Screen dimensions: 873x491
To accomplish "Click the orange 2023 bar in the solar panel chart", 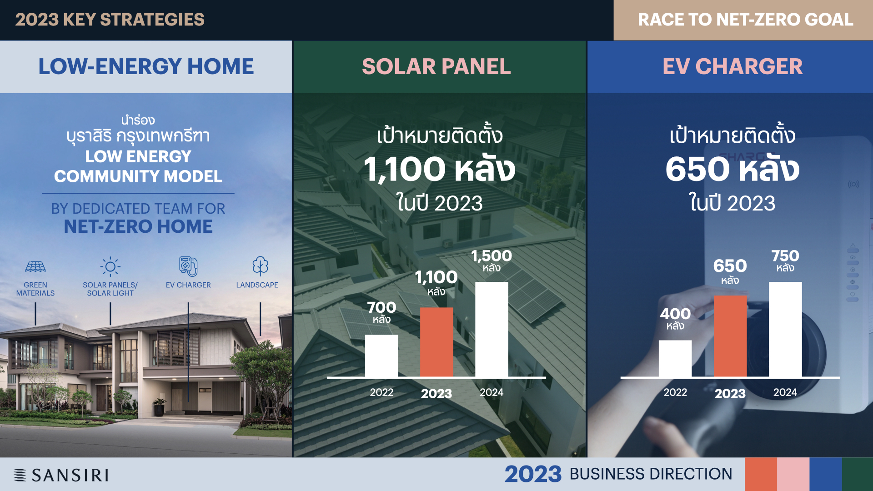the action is tap(436, 342).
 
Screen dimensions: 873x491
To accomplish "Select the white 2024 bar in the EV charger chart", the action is tap(785, 330).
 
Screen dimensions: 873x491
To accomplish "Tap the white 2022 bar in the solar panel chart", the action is tap(381, 356).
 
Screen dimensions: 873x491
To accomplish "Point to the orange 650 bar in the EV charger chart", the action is tap(730, 336).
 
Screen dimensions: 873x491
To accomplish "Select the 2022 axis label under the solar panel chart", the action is tap(381, 392).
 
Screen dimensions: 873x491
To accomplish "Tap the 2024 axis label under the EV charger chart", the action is tap(785, 392).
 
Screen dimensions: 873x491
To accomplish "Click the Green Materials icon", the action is tap(35, 267).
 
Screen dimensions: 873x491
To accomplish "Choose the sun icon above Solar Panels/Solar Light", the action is tap(110, 266).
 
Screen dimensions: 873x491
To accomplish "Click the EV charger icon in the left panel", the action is tap(188, 266).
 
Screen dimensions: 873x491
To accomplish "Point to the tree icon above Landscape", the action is tap(260, 266).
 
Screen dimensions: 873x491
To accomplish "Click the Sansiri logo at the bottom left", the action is tap(61, 475).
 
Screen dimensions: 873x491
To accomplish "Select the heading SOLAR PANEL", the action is tap(436, 66).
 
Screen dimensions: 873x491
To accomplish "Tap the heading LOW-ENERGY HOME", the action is tap(146, 66).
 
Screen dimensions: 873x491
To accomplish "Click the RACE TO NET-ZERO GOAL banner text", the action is tap(746, 20).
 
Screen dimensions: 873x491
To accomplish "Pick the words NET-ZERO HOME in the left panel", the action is tap(138, 226).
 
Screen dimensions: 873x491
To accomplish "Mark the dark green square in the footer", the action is tap(858, 474).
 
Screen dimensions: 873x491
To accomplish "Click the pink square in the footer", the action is tap(793, 474).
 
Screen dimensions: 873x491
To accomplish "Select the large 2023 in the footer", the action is tap(533, 474).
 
